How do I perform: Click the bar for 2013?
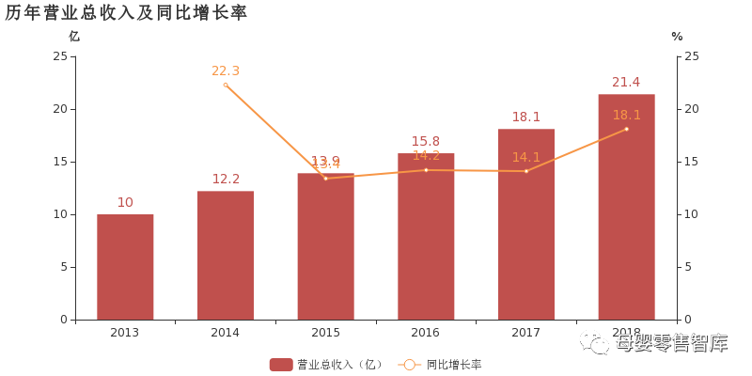pos(125,267)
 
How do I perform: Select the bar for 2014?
pos(226,256)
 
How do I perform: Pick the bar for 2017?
pos(526,225)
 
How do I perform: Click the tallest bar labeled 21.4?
pos(626,207)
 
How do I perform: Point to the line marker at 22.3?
pos(226,85)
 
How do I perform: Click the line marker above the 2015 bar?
pos(325,178)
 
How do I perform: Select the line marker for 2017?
pos(526,171)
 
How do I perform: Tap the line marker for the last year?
pos(626,129)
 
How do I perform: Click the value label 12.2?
pos(226,179)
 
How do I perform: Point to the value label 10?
pos(125,202)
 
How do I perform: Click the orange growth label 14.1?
pos(526,157)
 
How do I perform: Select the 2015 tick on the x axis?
pos(325,332)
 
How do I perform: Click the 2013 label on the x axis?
pos(125,332)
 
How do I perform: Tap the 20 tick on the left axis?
pos(63,109)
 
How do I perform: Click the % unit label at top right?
pos(677,37)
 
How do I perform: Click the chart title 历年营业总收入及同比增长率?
pos(126,12)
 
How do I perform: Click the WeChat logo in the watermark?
pos(593,341)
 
